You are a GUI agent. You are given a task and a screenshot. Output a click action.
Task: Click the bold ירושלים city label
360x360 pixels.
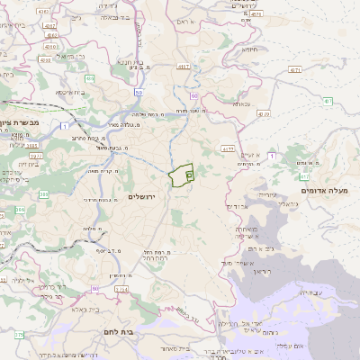[x=142, y=196]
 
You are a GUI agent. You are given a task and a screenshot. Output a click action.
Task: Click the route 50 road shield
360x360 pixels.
[x=138, y=92]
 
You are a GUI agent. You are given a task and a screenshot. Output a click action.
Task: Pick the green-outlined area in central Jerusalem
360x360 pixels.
[x=183, y=175]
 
